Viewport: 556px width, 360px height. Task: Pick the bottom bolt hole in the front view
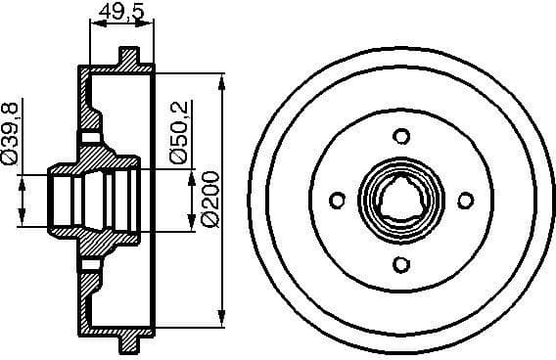click(399, 262)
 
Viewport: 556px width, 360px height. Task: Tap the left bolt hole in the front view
click(338, 201)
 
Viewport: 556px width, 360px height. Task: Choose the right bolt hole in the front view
click(465, 200)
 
